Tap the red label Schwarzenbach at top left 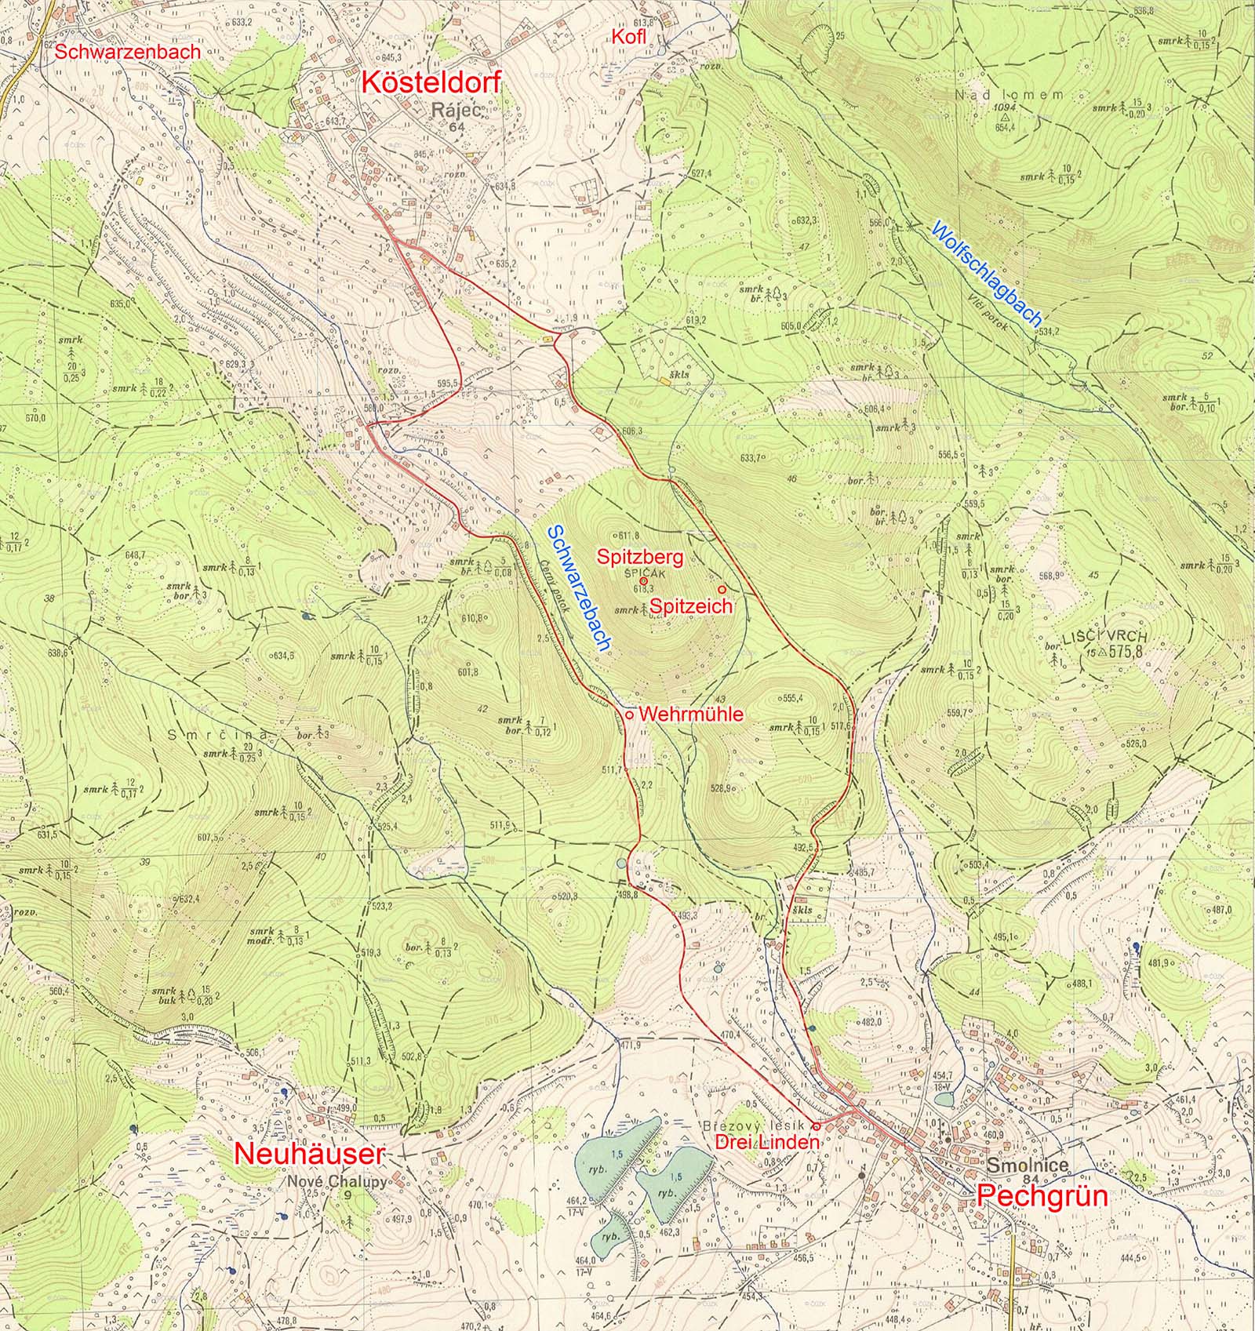point(127,53)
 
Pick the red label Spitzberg point(640,558)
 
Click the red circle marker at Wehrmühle point(629,715)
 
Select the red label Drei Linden point(767,1143)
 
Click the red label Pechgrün point(1031,1195)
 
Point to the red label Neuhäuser point(310,1154)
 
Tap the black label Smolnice point(1028,1166)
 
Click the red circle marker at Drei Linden point(816,1126)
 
